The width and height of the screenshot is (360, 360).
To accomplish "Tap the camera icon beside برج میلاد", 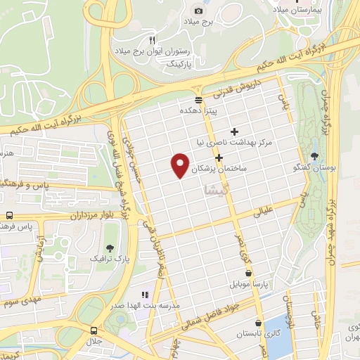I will pos(199,11).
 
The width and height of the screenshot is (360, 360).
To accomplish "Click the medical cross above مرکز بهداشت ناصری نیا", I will pos(235,131).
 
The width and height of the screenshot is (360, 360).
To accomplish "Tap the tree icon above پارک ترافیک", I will pos(110,247).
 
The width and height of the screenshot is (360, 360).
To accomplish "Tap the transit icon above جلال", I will pos(94,330).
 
